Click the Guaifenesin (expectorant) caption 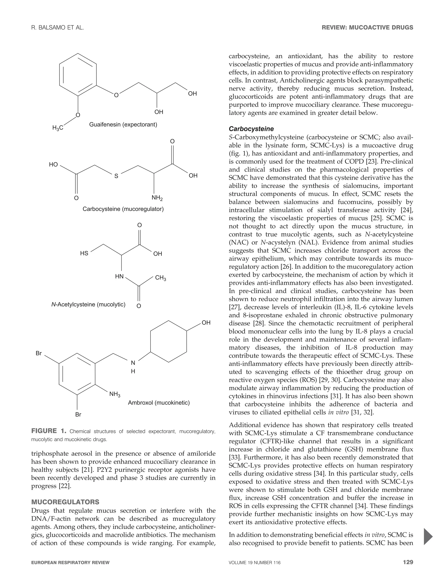click(123, 124)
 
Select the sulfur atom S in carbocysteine click(116, 176)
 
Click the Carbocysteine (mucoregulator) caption click(123, 209)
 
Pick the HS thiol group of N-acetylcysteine click(84, 254)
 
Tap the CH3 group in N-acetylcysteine click(160, 278)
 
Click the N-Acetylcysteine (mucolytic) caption click(88, 304)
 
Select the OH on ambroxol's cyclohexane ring click(206, 323)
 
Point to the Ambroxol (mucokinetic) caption click(159, 403)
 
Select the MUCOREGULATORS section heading click(65, 502)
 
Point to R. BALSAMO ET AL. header click(57, 27)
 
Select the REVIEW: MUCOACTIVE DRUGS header click(367, 27)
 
